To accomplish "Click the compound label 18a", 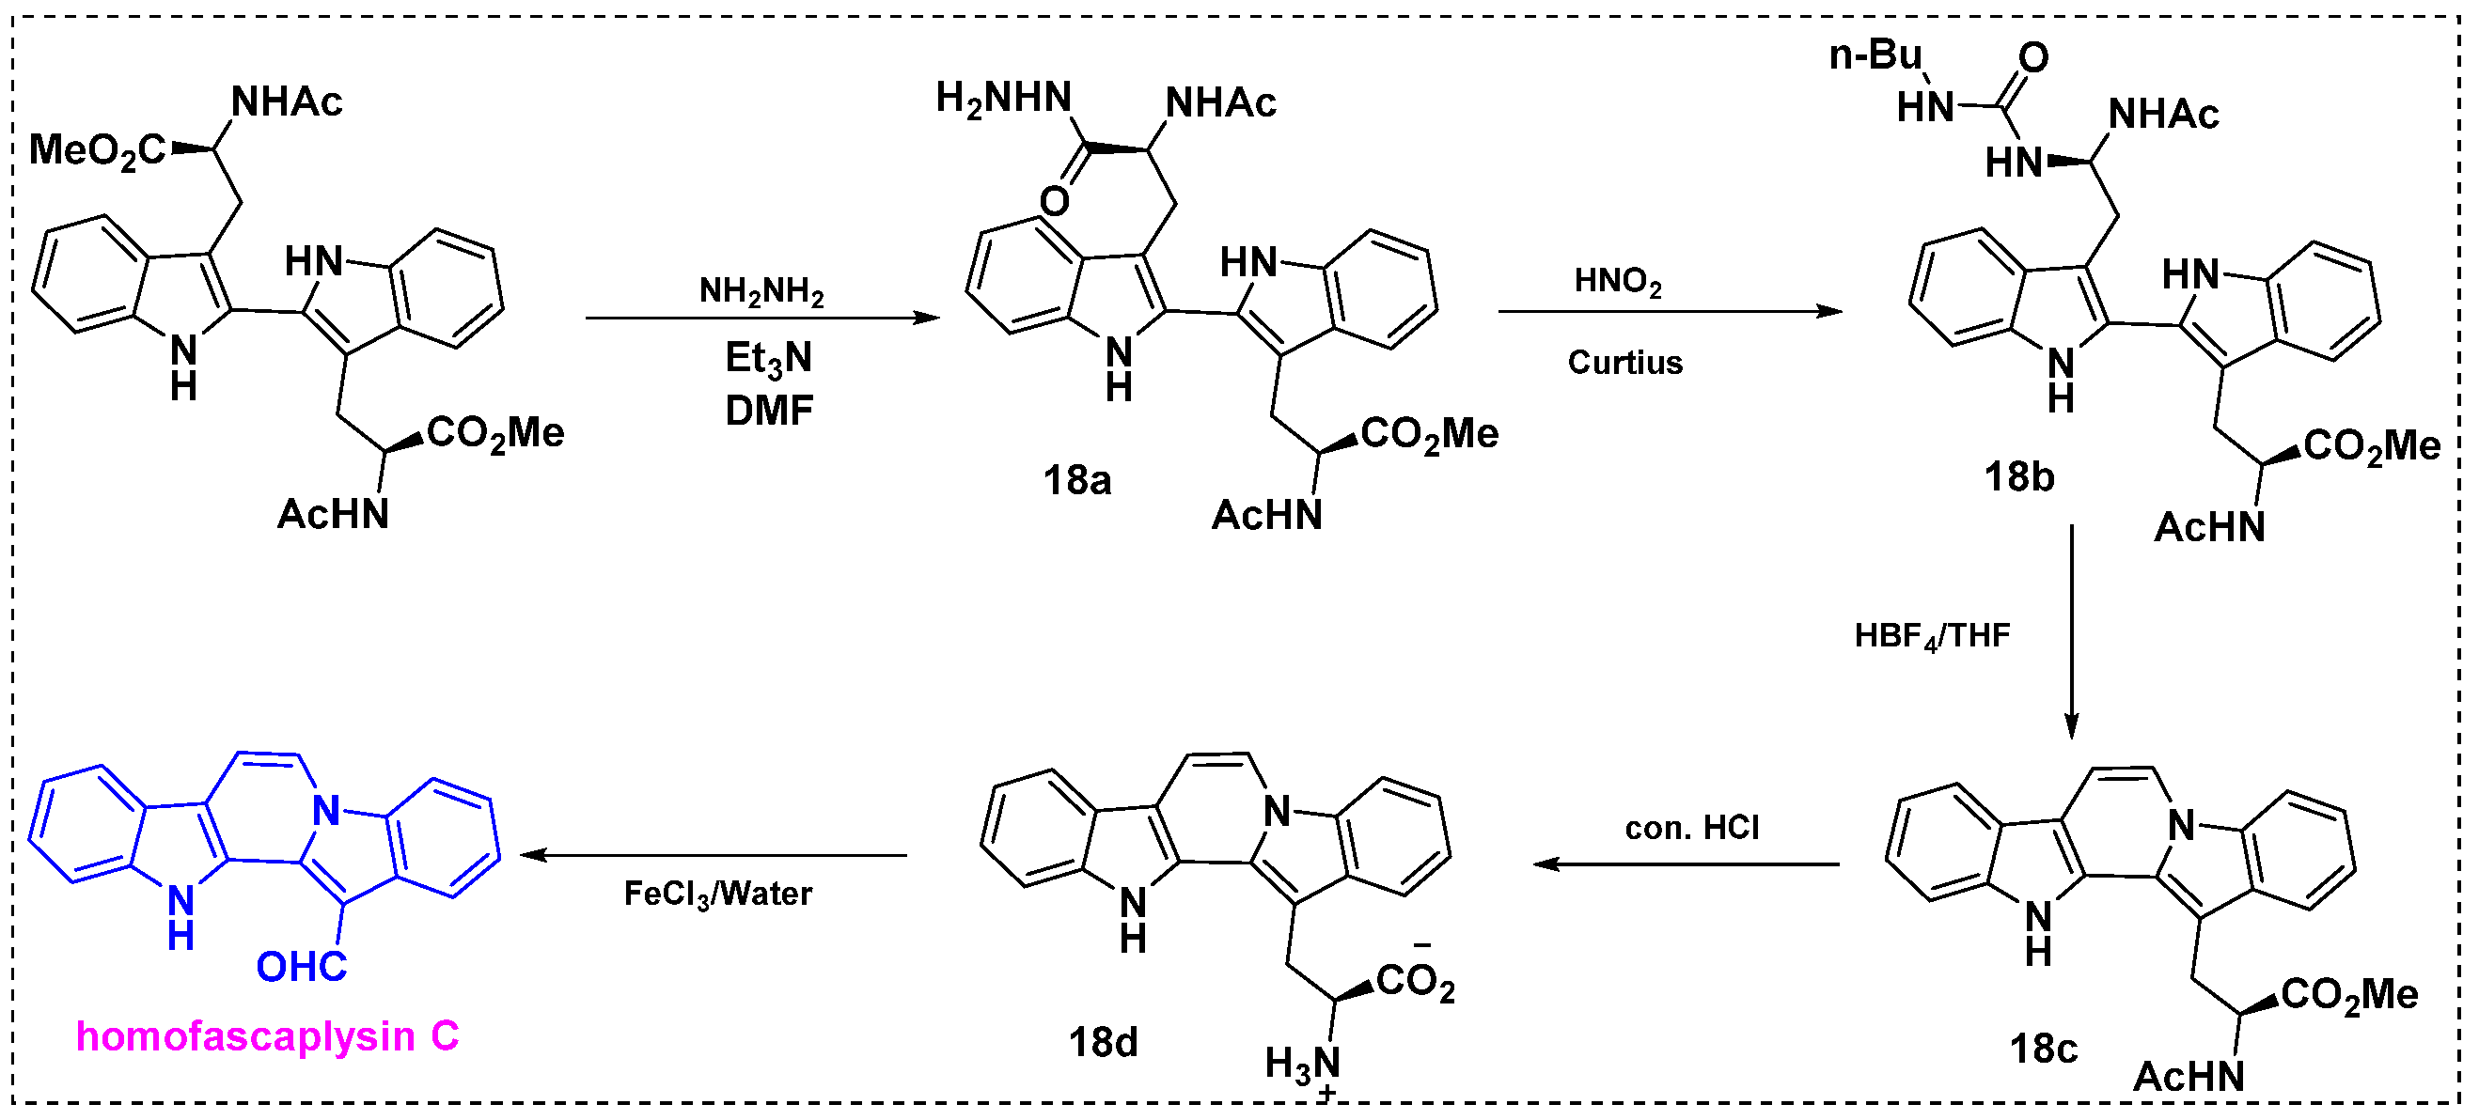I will tap(1076, 479).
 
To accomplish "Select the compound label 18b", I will tap(2019, 477).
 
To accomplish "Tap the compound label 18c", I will tap(2043, 1049).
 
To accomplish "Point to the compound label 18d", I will tap(1103, 1042).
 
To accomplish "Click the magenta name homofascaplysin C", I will tap(268, 1036).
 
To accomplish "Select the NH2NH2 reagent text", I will tap(761, 289).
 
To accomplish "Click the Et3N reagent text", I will tap(768, 358).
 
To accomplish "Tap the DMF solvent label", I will tap(769, 411).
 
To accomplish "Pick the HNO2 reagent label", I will tap(1618, 281).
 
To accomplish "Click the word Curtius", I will tap(1624, 363).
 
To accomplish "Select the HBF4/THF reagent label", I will tap(1932, 636).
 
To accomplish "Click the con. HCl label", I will tap(1691, 828).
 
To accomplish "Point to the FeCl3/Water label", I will tap(717, 894).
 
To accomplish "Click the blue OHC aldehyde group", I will tap(301, 967).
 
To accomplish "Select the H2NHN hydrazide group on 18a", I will tap(1003, 98).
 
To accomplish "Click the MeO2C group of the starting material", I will tap(97, 151).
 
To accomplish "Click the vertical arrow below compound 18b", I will tap(2071, 631).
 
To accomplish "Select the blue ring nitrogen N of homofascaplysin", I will tap(327, 810).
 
